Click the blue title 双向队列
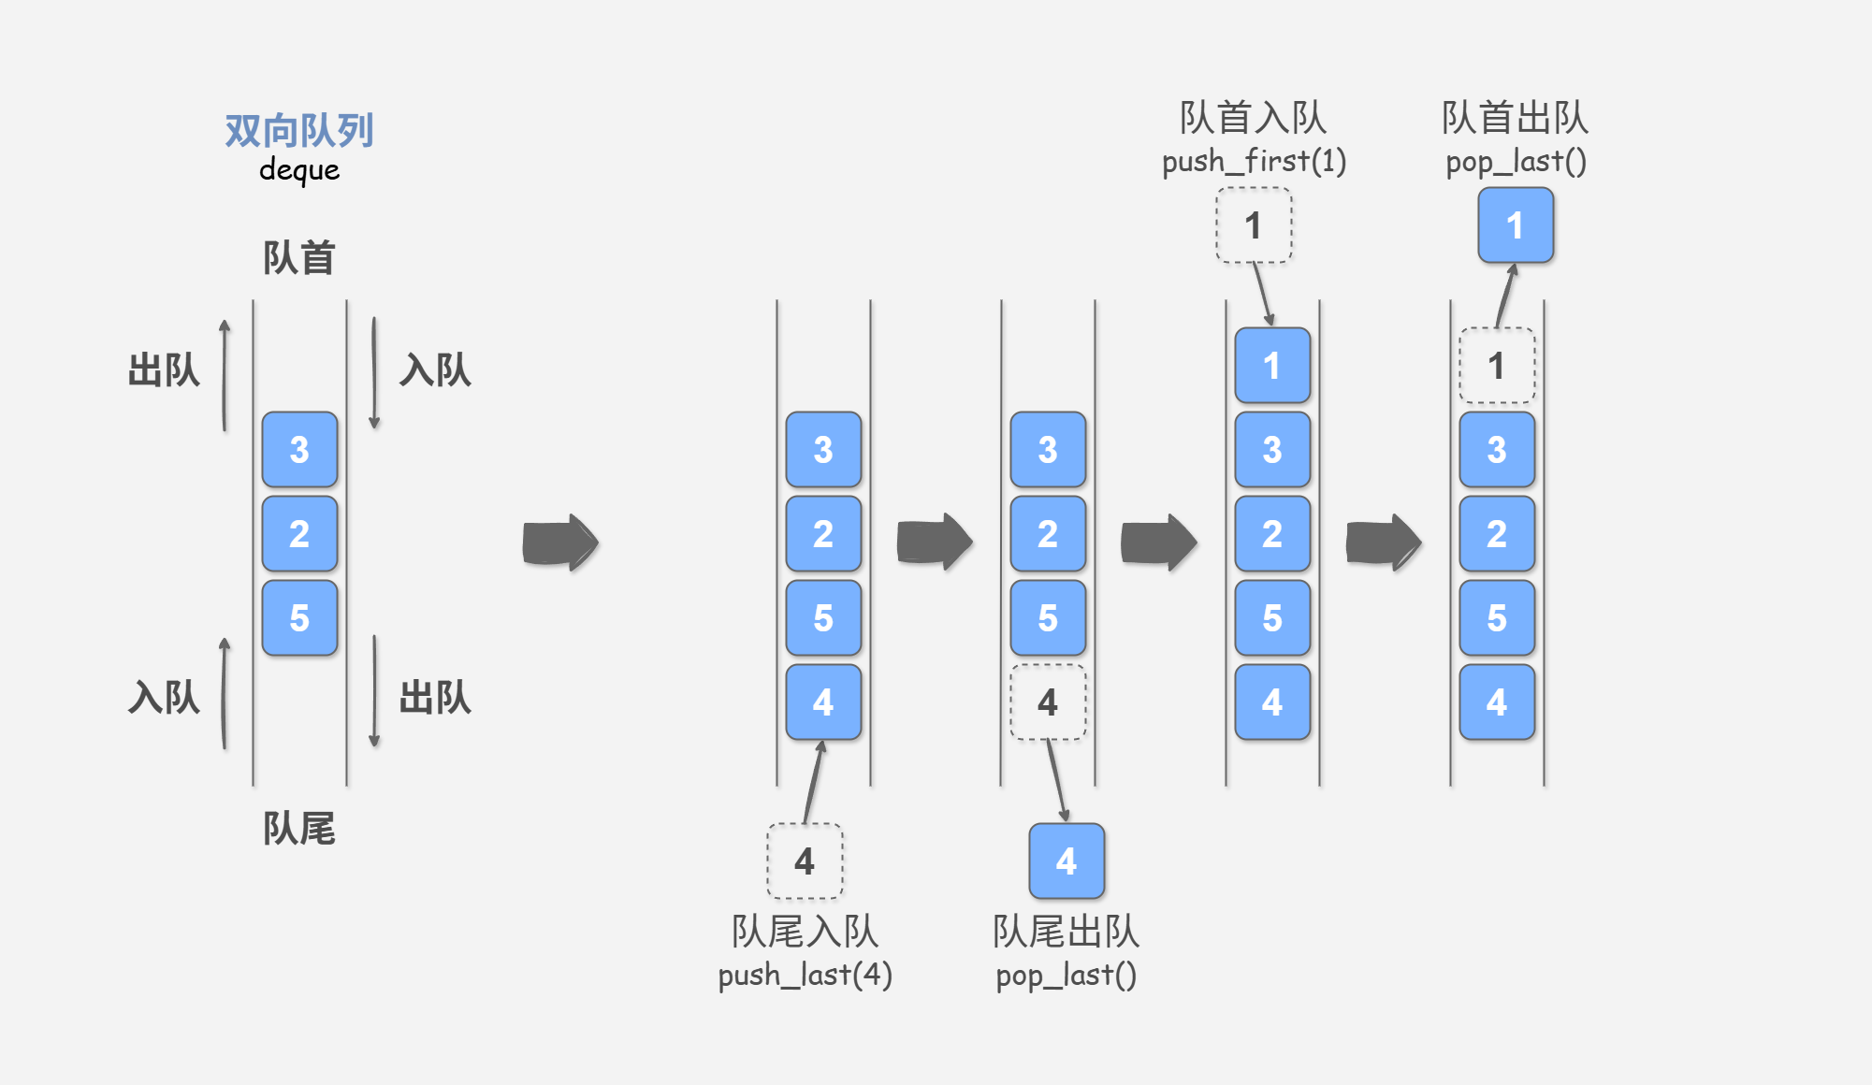tap(298, 130)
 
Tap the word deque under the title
tap(298, 170)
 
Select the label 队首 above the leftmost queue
tap(298, 257)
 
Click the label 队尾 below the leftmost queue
tap(298, 828)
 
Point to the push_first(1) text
tap(1254, 161)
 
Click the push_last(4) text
tap(805, 975)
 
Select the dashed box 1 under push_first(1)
tap(1254, 225)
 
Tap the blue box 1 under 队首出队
tap(1516, 225)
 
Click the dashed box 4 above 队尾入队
tap(805, 861)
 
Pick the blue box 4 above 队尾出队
tap(1067, 861)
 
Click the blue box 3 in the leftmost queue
tap(299, 449)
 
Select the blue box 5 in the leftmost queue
tap(299, 617)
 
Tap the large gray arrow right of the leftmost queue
tap(559, 542)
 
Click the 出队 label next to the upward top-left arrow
tap(164, 370)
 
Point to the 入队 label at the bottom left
tap(164, 698)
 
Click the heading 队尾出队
tap(1066, 932)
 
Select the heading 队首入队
tap(1253, 118)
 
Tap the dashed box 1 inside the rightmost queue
tap(1497, 366)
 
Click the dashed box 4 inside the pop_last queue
tap(1048, 702)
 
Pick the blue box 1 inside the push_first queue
tap(1272, 366)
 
